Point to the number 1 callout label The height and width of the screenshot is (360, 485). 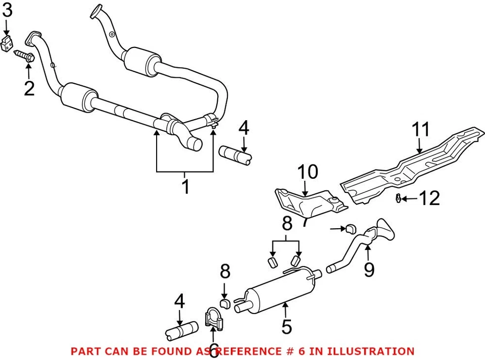(x=185, y=186)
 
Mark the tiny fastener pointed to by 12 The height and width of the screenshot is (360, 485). (x=398, y=199)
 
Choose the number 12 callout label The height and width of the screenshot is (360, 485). (x=429, y=198)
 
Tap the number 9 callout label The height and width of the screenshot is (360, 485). (x=369, y=270)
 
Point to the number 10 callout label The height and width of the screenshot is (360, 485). (x=308, y=172)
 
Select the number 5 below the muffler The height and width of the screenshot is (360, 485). (x=286, y=327)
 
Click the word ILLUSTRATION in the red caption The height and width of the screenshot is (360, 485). (x=363, y=351)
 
